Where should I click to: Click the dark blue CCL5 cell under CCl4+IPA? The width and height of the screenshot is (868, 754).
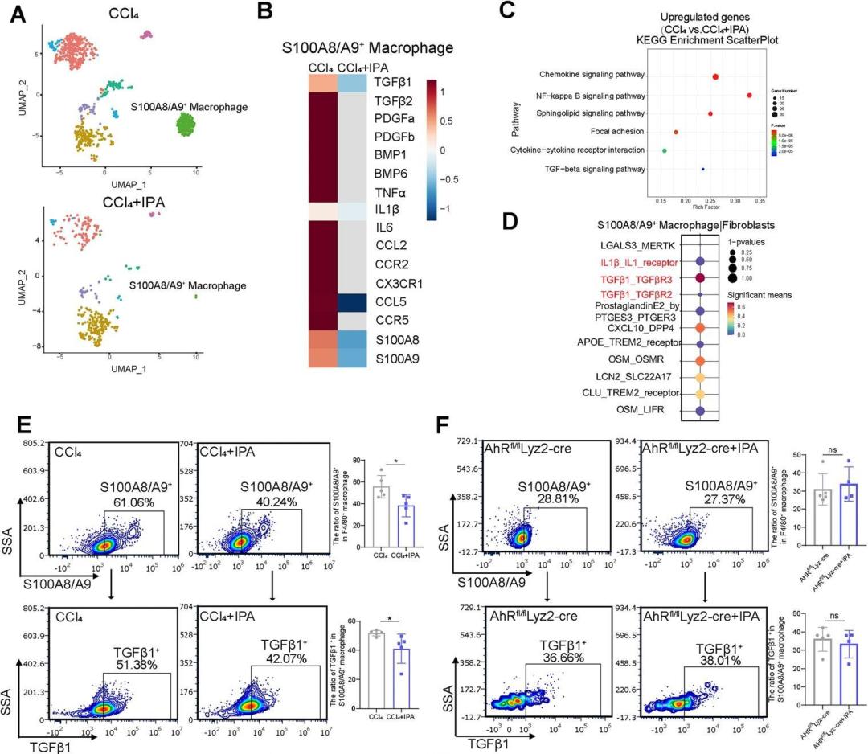[358, 301]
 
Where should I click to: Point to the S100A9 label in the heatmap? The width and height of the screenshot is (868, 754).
[399, 357]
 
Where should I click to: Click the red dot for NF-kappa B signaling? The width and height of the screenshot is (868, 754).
[749, 96]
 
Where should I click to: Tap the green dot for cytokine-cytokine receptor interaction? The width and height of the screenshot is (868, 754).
[665, 150]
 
